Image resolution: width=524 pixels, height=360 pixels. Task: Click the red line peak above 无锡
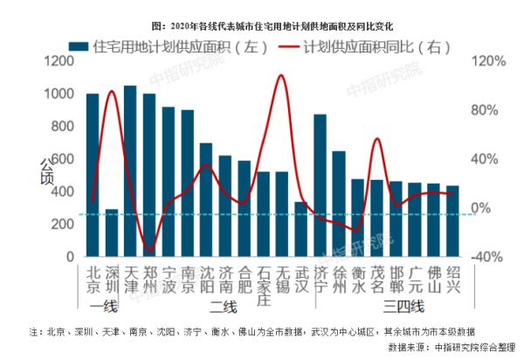pyautogui.click(x=280, y=76)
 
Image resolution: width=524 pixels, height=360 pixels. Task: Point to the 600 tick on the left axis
pyautogui.click(x=64, y=159)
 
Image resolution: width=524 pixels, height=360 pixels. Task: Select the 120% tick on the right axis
pyautogui.click(x=490, y=61)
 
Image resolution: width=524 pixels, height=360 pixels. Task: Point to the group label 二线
pyautogui.click(x=224, y=307)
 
